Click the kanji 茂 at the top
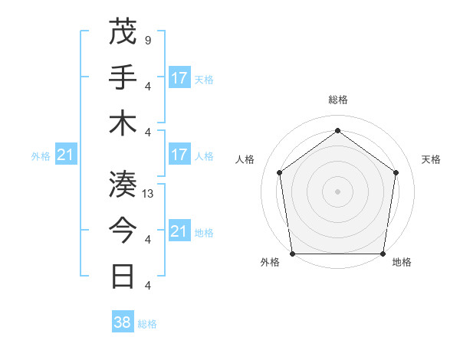point(123,32)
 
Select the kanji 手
point(123,77)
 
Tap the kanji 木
point(123,123)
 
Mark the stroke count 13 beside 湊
point(148,193)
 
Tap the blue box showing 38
point(123,322)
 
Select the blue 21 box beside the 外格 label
point(66,155)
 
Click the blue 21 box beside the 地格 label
point(179,231)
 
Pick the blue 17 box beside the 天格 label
point(179,78)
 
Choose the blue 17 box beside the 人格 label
point(179,155)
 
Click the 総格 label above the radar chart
point(337,100)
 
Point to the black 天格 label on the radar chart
point(432,159)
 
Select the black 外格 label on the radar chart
point(270,262)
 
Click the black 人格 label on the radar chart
point(245,159)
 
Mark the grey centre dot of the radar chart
point(337,191)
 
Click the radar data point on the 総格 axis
point(337,131)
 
